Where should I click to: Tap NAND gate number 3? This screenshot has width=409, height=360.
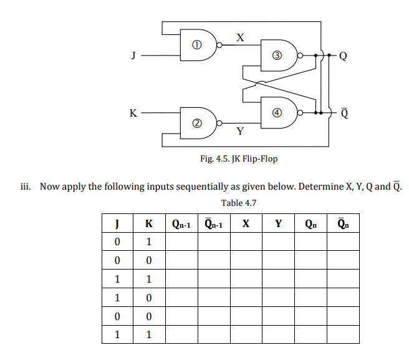coord(279,55)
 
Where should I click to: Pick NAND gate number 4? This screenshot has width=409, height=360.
coord(279,112)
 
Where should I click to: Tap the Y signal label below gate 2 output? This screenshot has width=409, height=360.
coord(240,132)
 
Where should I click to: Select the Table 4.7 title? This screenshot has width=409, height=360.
coord(239,203)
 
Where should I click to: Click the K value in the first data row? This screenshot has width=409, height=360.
coord(148,241)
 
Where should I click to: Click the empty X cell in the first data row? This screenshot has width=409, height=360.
coord(246,241)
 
